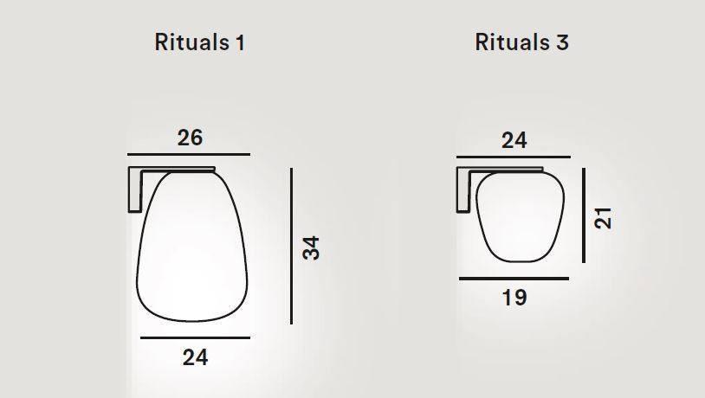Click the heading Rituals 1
click(x=199, y=42)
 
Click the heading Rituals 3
click(x=521, y=42)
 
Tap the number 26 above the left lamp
click(x=191, y=138)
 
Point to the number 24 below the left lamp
click(x=196, y=356)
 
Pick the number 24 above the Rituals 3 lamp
click(x=514, y=140)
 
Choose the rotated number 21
click(x=605, y=216)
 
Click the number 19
click(x=514, y=298)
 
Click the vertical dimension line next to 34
click(x=292, y=246)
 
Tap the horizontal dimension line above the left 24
click(x=194, y=337)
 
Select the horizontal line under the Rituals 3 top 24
click(x=514, y=157)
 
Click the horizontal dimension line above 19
click(x=514, y=279)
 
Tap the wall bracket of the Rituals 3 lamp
click(x=463, y=186)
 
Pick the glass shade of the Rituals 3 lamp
click(x=520, y=216)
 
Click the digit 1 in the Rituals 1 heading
click(x=239, y=42)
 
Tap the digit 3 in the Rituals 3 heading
click(x=563, y=42)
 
